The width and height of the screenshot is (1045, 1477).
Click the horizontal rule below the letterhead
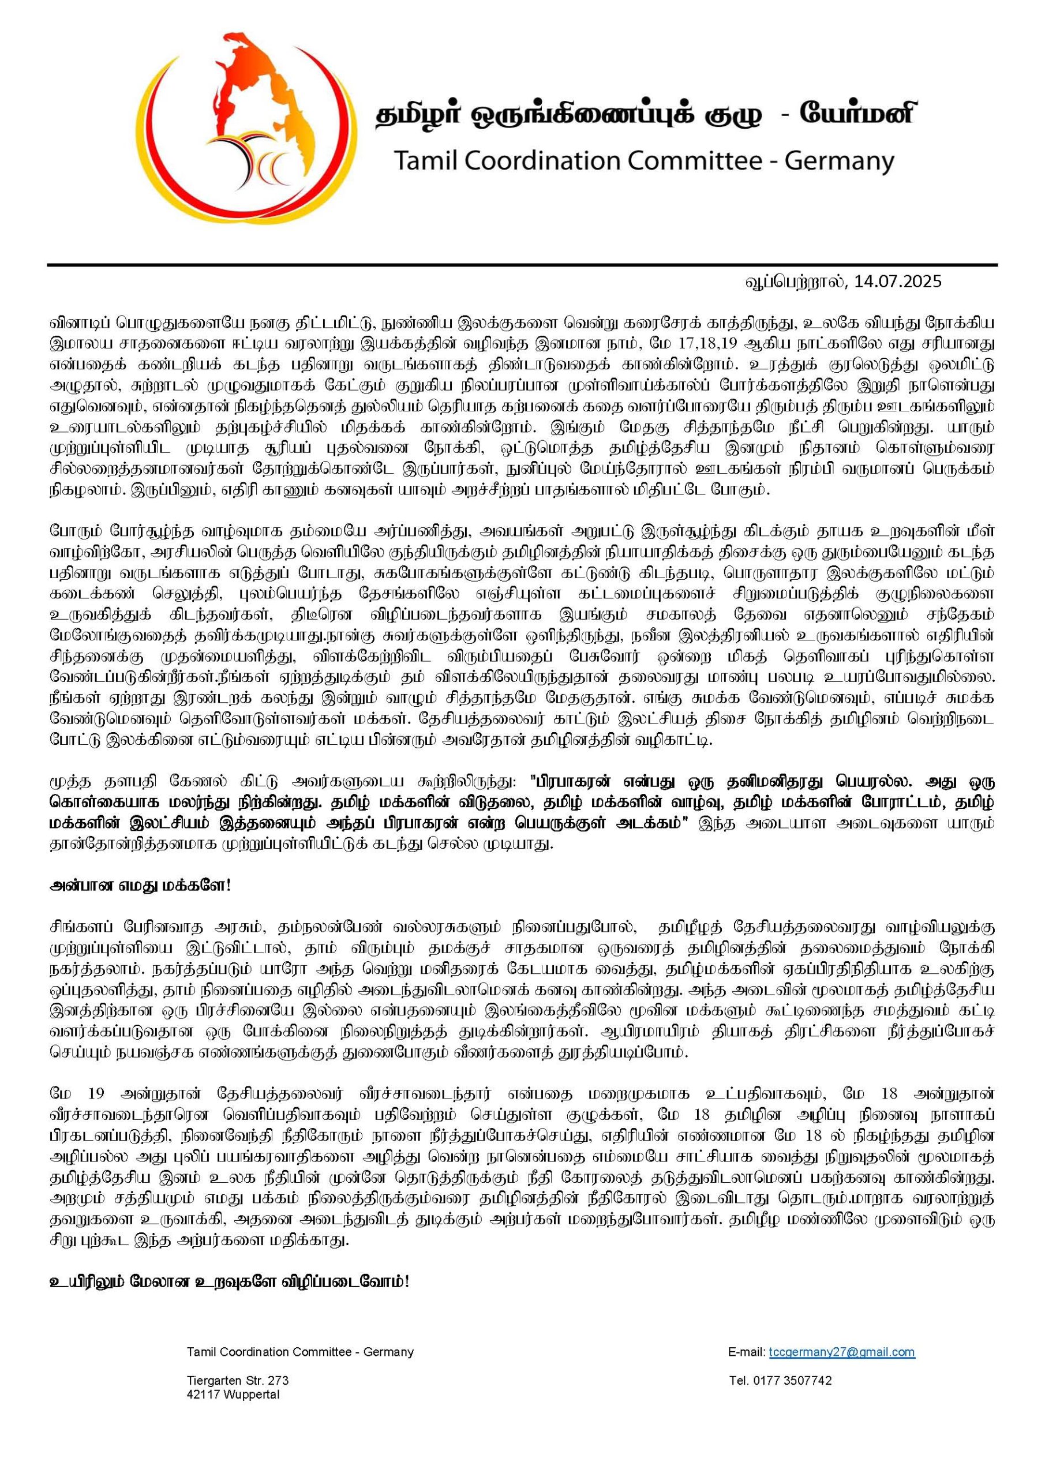[x=522, y=264]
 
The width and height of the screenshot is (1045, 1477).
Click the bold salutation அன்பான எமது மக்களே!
[x=140, y=886]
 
